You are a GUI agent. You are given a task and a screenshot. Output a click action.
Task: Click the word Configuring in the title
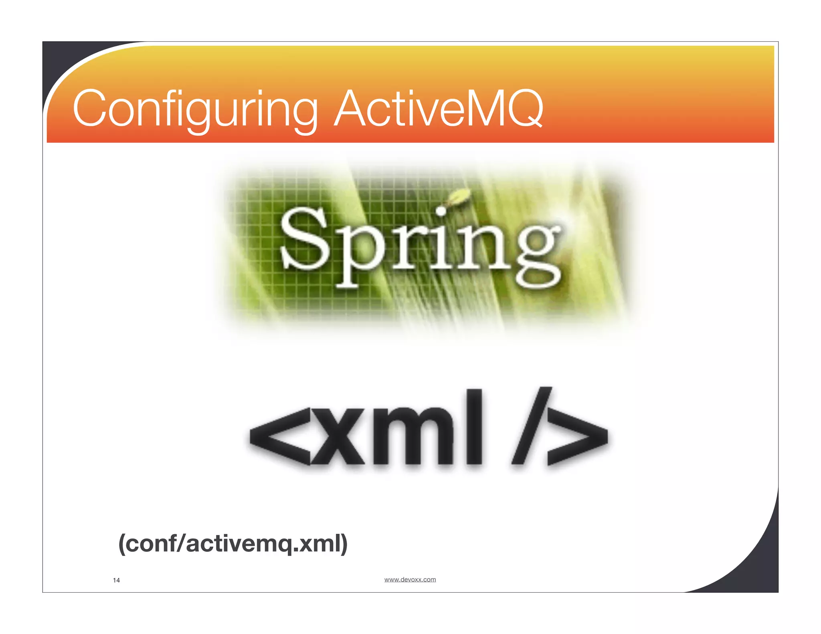click(195, 109)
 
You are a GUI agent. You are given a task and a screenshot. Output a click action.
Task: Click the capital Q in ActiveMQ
click(522, 109)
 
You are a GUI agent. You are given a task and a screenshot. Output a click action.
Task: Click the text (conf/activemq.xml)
click(233, 544)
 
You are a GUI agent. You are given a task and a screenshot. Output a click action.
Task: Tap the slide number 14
click(116, 580)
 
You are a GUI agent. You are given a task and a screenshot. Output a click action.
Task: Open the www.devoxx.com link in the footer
click(410, 579)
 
